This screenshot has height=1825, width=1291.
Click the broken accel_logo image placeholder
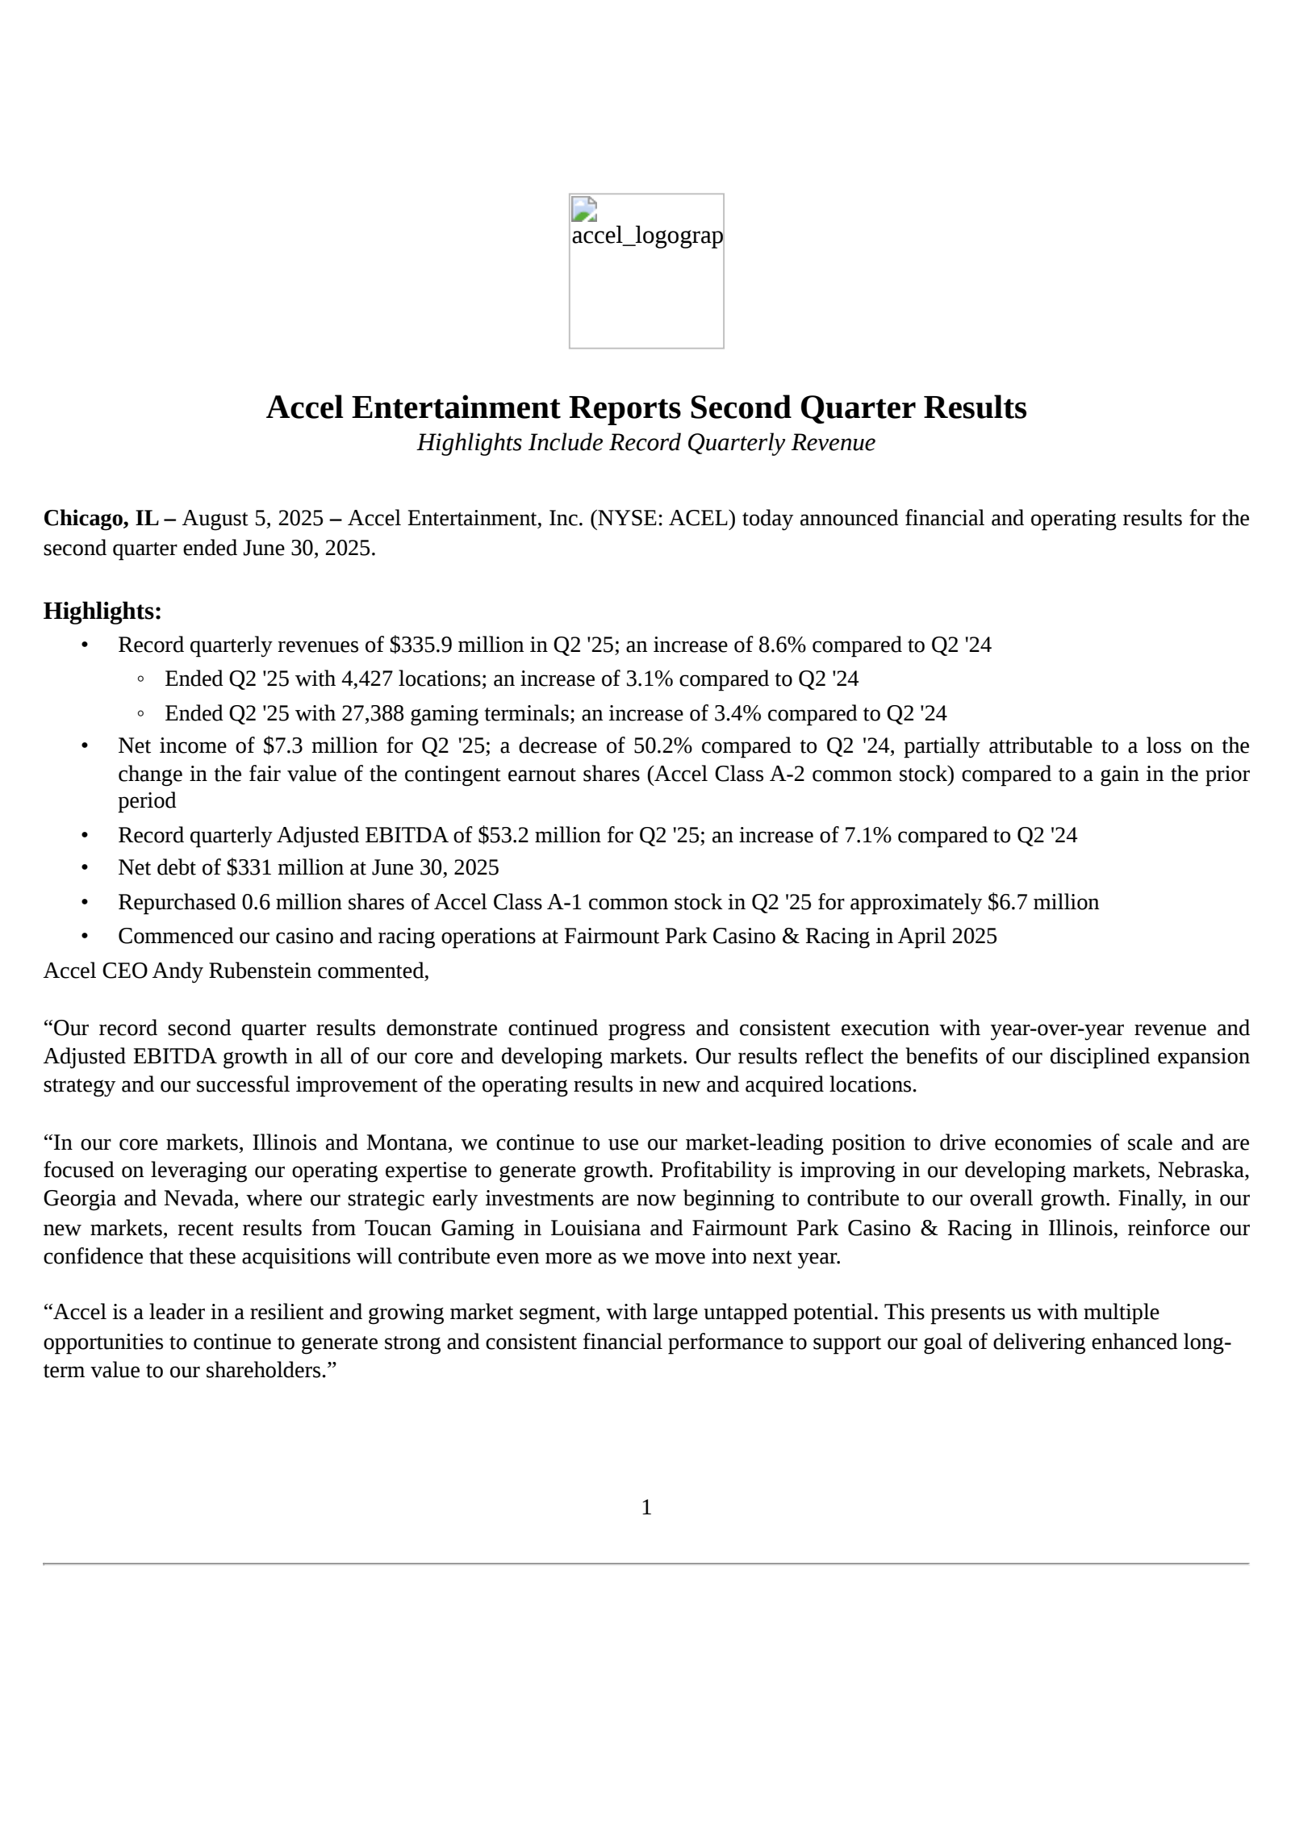(645, 270)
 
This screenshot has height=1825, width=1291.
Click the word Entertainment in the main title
(455, 407)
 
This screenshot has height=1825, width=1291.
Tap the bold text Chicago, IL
(101, 518)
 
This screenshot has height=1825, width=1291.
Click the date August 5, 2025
(253, 518)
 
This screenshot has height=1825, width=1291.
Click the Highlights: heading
(102, 611)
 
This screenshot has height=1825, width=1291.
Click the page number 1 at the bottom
(645, 1507)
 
